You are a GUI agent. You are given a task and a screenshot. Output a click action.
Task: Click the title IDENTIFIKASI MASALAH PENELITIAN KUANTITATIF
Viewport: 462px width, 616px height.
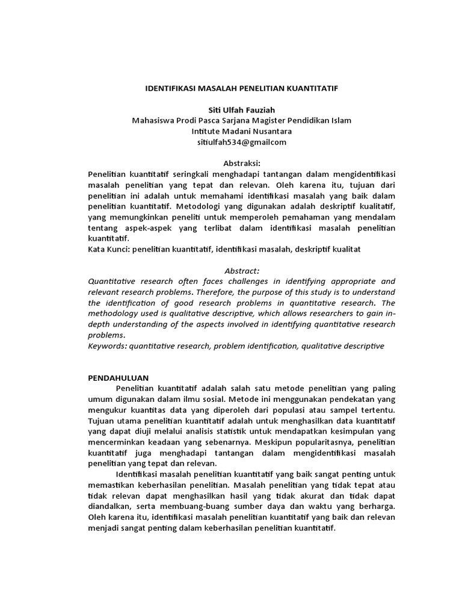(242, 88)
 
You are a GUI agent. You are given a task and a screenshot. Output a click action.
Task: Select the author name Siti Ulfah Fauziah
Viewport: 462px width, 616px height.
(242, 109)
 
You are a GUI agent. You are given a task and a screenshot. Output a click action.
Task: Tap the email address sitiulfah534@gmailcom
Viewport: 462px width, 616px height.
(242, 142)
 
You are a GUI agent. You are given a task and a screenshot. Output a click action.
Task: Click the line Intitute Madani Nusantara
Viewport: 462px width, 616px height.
(242, 131)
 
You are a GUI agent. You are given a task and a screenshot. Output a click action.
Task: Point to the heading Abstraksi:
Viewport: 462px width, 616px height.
(242, 163)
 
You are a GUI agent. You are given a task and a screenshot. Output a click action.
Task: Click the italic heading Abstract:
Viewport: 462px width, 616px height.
(241, 270)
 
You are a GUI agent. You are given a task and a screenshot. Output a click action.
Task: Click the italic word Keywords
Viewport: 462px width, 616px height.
(108, 346)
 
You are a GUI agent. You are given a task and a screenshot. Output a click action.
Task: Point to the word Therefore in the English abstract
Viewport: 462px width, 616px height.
(229, 292)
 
